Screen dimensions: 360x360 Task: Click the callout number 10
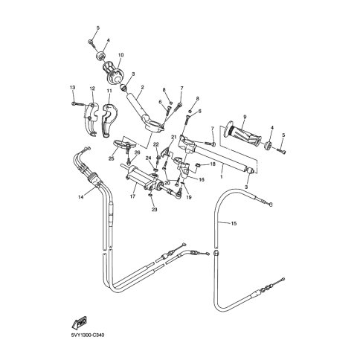(120, 55)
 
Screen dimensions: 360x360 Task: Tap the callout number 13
(73, 88)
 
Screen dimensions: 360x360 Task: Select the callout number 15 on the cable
(234, 223)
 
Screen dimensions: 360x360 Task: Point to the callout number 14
(80, 197)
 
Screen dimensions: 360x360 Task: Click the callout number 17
(132, 196)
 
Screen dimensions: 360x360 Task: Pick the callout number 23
(155, 210)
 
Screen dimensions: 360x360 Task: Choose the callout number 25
(112, 158)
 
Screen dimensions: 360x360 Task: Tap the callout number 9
(245, 116)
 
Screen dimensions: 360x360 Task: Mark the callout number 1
(222, 177)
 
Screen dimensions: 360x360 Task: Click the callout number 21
(173, 137)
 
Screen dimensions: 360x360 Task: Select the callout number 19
(189, 198)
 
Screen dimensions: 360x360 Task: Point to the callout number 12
(92, 89)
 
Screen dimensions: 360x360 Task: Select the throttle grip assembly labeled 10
(113, 72)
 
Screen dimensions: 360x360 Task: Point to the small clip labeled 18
(199, 164)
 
